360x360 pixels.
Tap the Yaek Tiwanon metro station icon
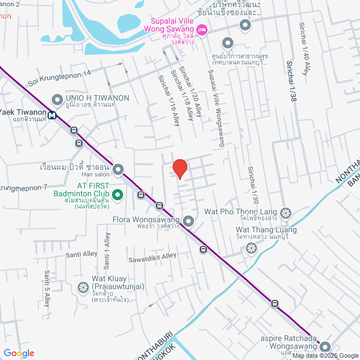pos(52,115)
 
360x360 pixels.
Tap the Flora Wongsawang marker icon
pos(188,221)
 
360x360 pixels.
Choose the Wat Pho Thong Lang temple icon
pos(286,213)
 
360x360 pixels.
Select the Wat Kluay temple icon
pos(82,286)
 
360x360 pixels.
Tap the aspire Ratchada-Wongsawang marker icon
pos(325,346)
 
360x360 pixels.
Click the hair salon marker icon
pos(118,169)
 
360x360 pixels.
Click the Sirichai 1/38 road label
pos(291,81)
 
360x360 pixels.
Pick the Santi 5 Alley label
pos(47,286)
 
